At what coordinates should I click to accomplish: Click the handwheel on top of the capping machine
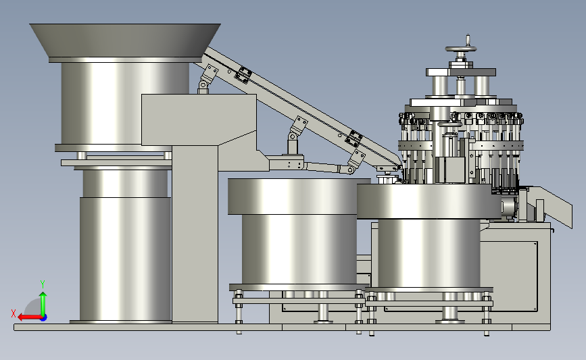461,49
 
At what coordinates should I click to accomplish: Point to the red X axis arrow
30,317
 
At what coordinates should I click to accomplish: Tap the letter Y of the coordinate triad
43,284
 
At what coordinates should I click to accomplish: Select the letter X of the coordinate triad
14,313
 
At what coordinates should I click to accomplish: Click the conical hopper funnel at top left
125,41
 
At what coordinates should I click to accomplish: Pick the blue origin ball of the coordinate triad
43,317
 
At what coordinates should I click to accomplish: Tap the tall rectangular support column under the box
195,234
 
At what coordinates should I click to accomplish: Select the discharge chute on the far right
550,205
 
